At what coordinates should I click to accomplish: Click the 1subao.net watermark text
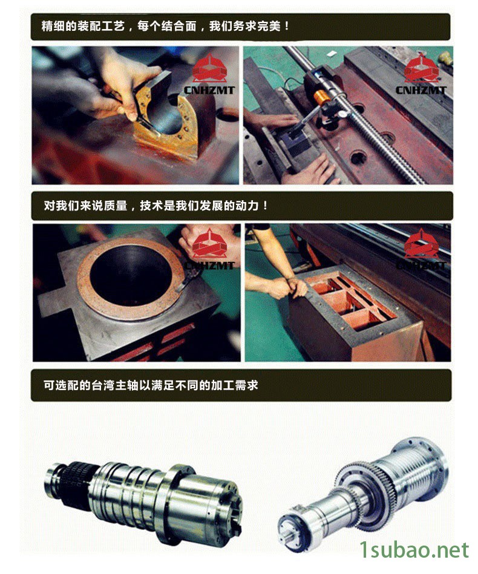pyautogui.click(x=414, y=550)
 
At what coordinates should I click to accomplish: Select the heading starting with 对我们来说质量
pyautogui.click(x=156, y=206)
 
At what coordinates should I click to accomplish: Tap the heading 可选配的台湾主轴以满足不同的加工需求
pyautogui.click(x=151, y=385)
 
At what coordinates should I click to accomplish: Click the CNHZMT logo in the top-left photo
pyautogui.click(x=209, y=75)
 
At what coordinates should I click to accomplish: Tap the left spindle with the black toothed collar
pyautogui.click(x=143, y=494)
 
